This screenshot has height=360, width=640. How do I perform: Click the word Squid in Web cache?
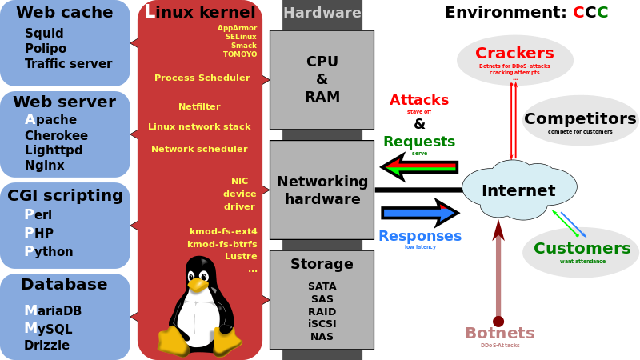[44, 34]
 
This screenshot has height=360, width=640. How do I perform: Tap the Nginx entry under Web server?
[45, 166]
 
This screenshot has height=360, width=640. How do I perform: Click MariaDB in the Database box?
[53, 310]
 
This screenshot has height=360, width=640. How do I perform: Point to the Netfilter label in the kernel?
[199, 106]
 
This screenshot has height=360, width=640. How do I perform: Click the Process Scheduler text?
[202, 78]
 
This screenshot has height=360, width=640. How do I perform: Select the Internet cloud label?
[518, 190]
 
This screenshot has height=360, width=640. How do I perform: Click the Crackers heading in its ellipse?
[514, 54]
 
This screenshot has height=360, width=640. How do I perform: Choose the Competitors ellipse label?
[580, 118]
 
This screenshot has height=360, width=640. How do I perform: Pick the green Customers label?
[582, 248]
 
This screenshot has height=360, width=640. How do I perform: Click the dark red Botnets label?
[500, 333]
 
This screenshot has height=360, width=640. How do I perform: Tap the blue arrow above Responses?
[418, 213]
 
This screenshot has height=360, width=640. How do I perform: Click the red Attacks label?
[418, 100]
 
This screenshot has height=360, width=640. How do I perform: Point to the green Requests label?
[418, 142]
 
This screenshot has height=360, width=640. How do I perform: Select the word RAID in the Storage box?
[322, 311]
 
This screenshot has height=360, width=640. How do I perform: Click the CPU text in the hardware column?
[322, 62]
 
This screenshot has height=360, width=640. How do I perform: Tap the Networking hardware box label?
[322, 190]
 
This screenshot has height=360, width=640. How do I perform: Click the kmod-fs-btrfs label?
[222, 244]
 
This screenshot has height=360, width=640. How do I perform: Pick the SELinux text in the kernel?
[241, 37]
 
